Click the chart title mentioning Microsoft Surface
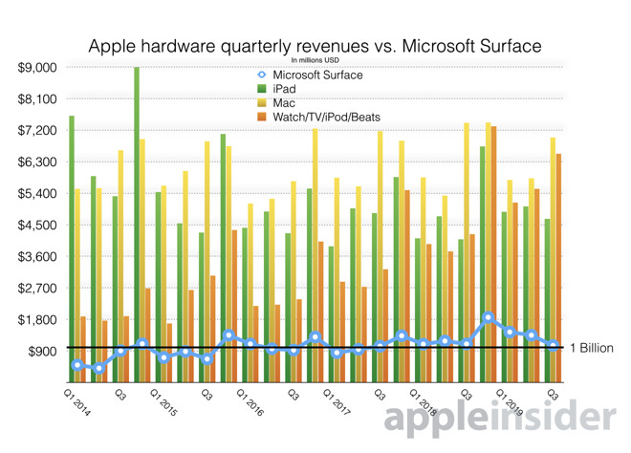315,45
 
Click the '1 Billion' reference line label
590,348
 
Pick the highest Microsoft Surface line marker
489,317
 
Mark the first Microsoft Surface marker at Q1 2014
76,365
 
